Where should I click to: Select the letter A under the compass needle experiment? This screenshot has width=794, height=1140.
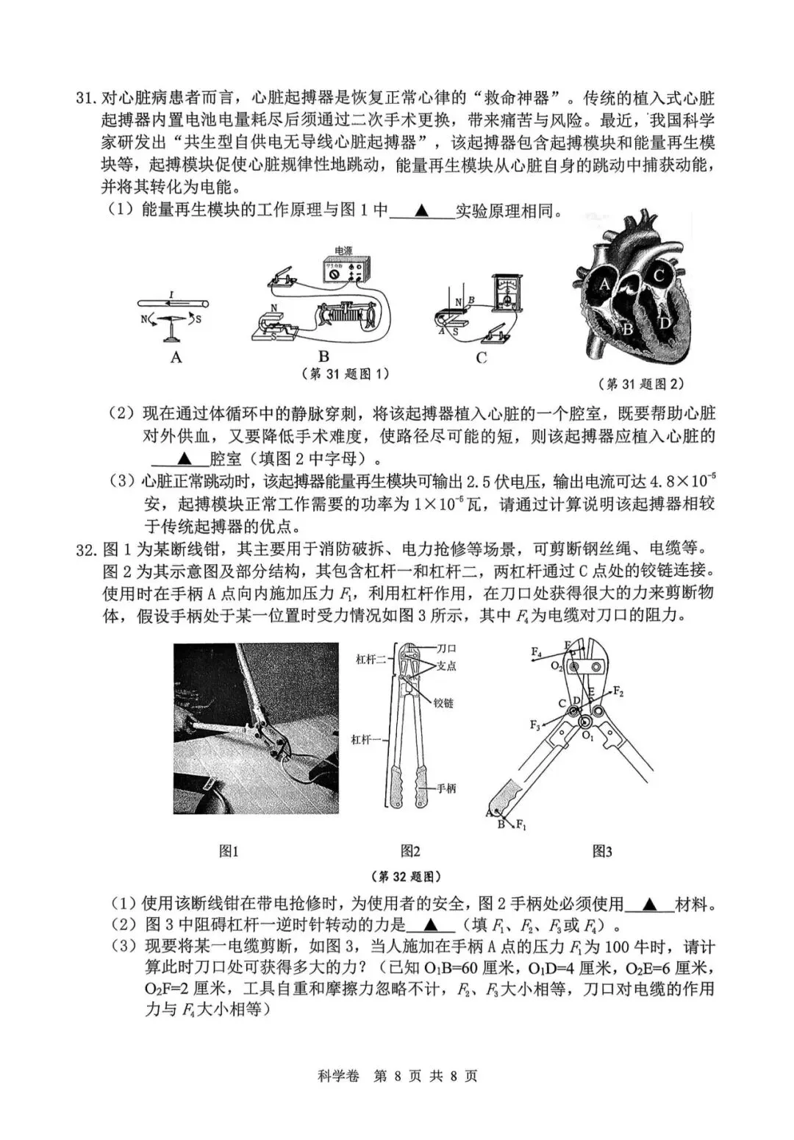pyautogui.click(x=176, y=357)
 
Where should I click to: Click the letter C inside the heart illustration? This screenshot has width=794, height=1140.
pyautogui.click(x=659, y=277)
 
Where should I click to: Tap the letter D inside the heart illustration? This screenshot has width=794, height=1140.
pyautogui.click(x=665, y=321)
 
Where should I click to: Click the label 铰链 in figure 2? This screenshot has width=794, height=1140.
pyautogui.click(x=443, y=702)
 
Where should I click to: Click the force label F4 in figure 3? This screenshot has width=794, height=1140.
pyautogui.click(x=536, y=652)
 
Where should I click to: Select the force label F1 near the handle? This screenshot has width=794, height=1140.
pyautogui.click(x=521, y=825)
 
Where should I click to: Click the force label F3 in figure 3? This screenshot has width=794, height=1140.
pyautogui.click(x=535, y=725)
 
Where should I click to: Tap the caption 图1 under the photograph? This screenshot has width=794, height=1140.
pyautogui.click(x=229, y=851)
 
